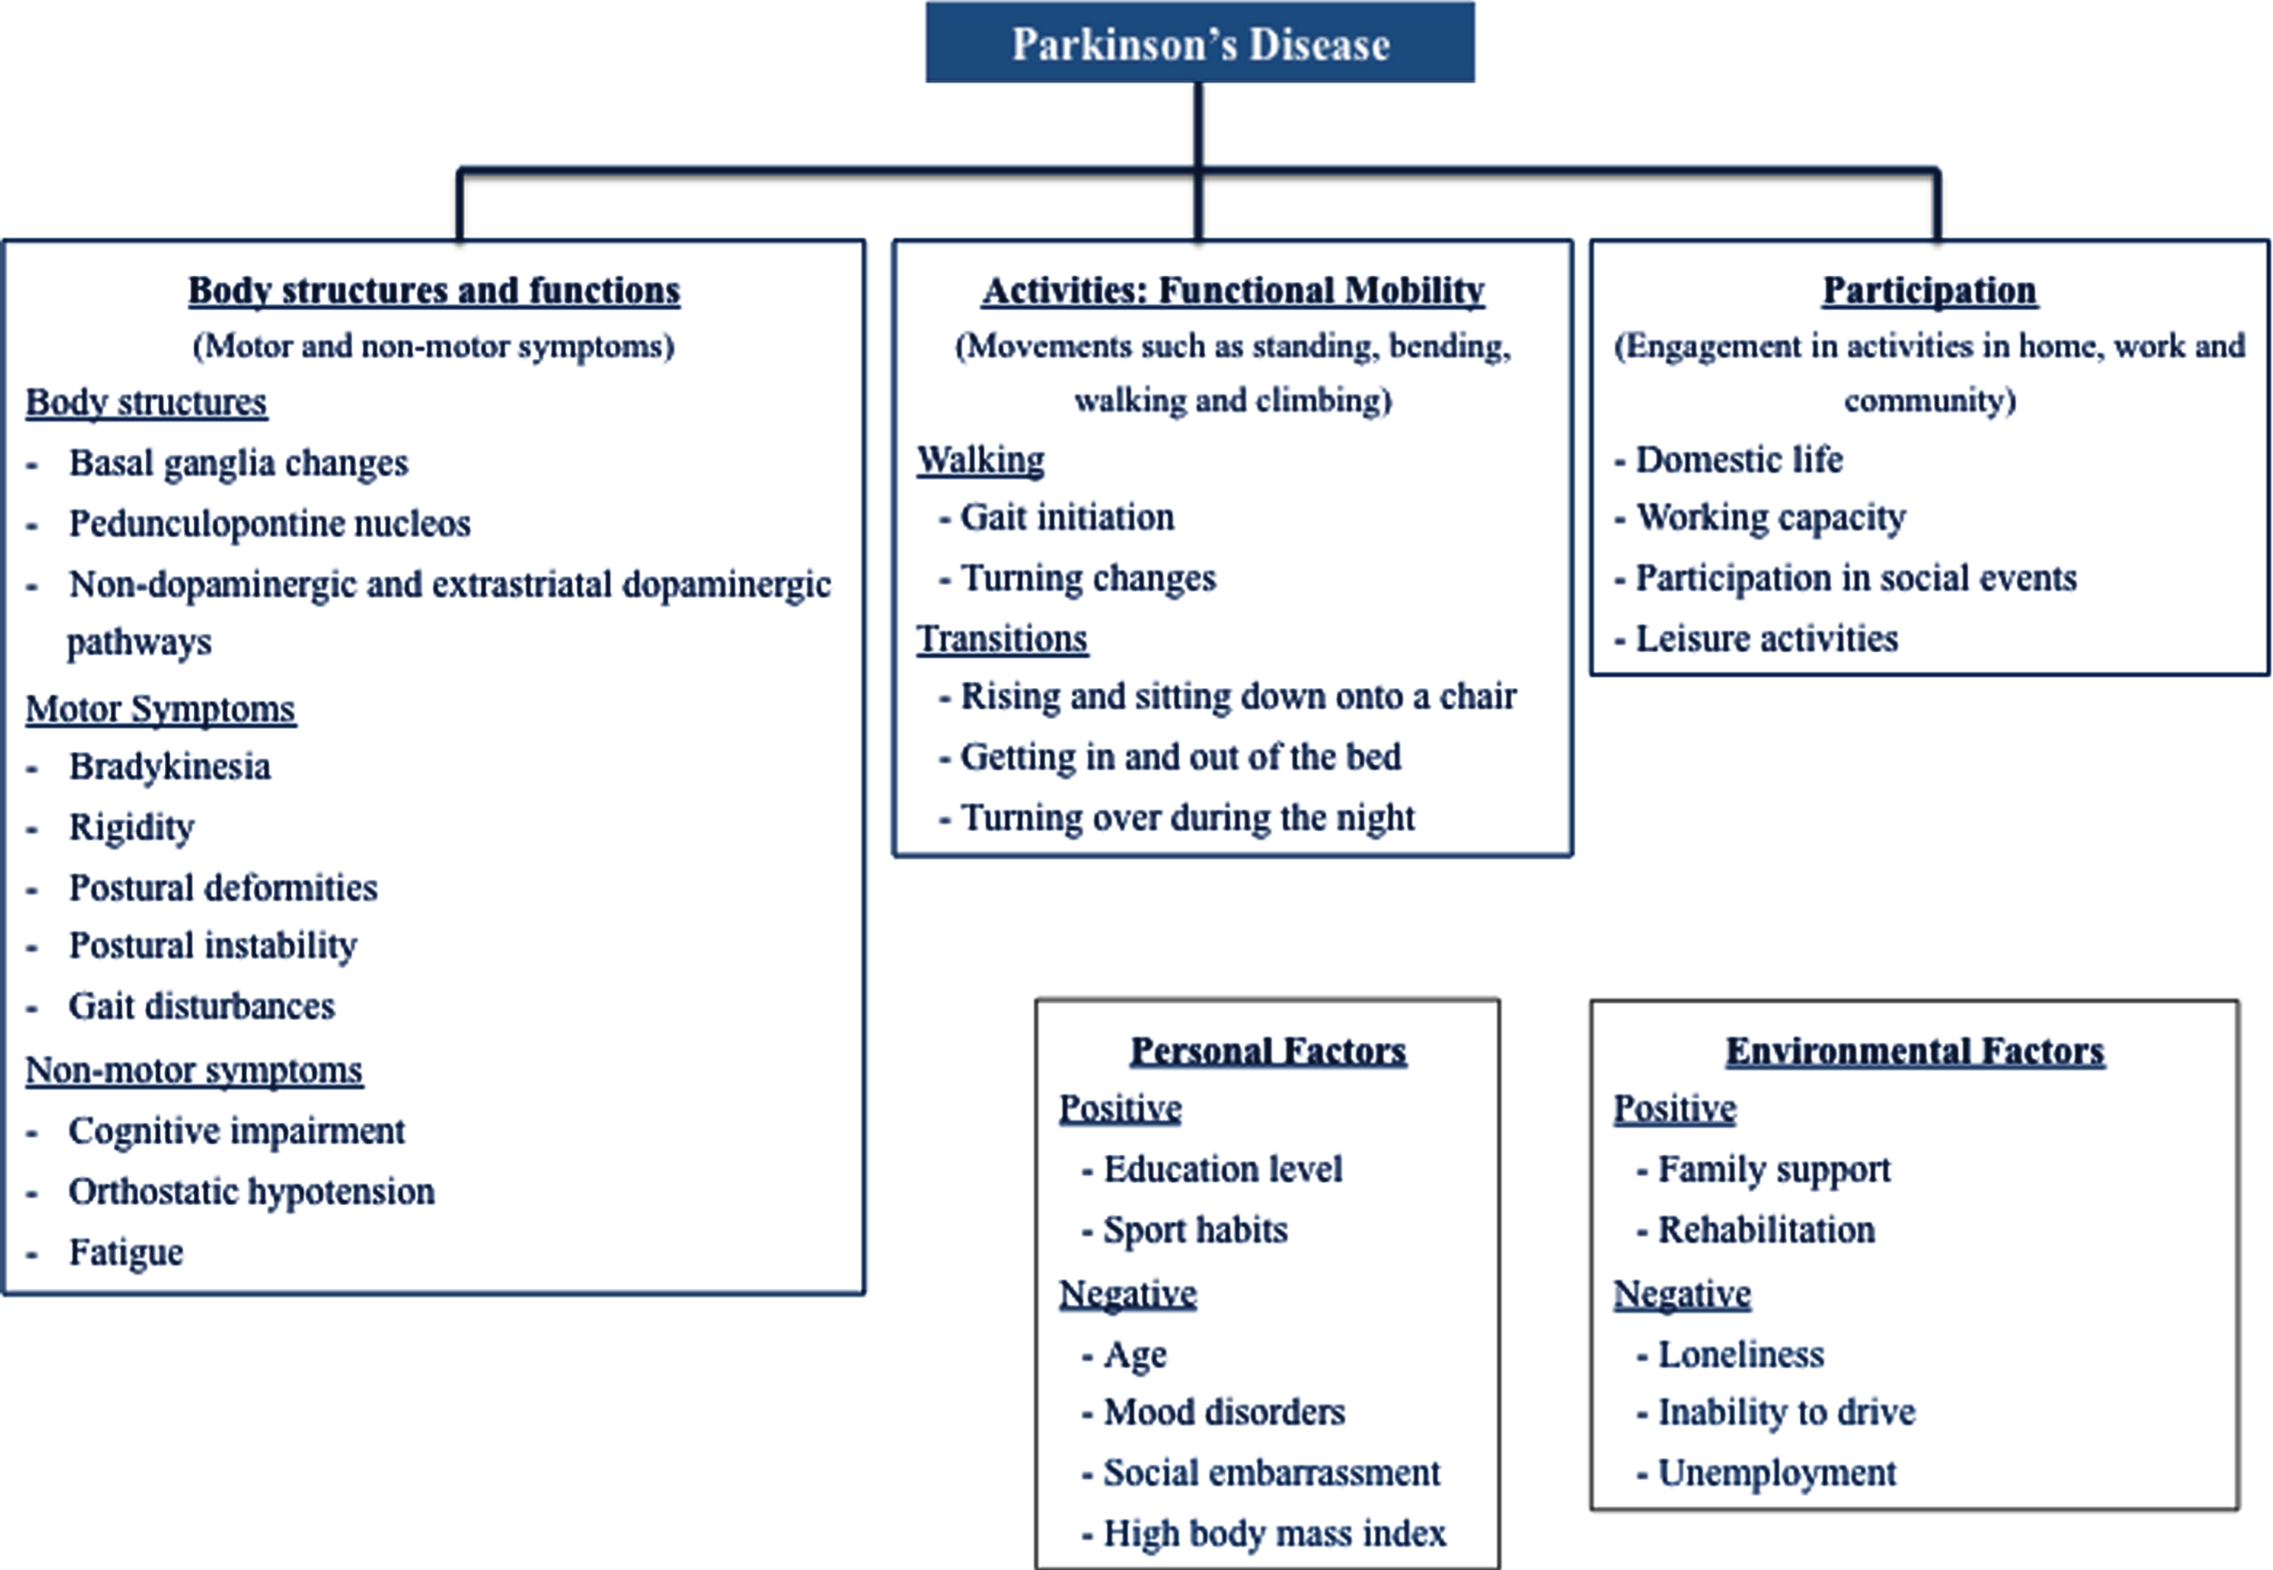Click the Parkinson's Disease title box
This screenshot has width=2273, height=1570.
[x=1200, y=42]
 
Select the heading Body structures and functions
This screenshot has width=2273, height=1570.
[x=434, y=290]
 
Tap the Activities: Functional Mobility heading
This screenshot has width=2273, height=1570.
[x=1233, y=290]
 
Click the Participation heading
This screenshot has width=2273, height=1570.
[x=1930, y=290]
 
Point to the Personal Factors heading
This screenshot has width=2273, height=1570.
[x=1269, y=1051]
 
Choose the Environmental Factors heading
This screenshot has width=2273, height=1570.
[x=1915, y=1051]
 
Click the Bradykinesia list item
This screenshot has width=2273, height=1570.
[x=169, y=767]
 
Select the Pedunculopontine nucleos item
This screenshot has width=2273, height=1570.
[x=269, y=523]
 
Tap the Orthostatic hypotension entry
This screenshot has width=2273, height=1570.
[x=251, y=1191]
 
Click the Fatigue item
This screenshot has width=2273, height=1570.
[x=126, y=1253]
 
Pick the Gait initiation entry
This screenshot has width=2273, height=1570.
[x=1067, y=517]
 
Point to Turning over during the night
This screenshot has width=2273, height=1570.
[x=1188, y=818]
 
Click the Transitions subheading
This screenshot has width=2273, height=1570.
[x=1001, y=639]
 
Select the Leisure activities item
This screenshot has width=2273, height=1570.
[x=1766, y=639]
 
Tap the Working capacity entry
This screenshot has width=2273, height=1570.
[x=1770, y=517]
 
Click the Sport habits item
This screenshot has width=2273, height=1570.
[x=1195, y=1230]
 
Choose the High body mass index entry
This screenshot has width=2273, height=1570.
[x=1275, y=1532]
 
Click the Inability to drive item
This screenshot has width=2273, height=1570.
[x=1787, y=1412]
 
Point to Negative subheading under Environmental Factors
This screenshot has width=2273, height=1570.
[x=1682, y=1293]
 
